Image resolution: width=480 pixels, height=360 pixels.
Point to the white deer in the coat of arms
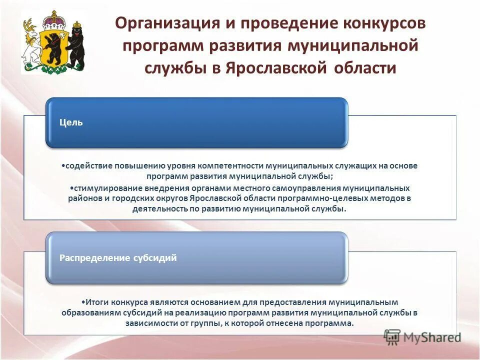pos(31,42)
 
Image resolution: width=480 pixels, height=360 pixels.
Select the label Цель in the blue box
pos(71,122)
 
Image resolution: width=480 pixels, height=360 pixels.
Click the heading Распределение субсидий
pos(118,258)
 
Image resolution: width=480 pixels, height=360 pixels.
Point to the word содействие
pos(88,165)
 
